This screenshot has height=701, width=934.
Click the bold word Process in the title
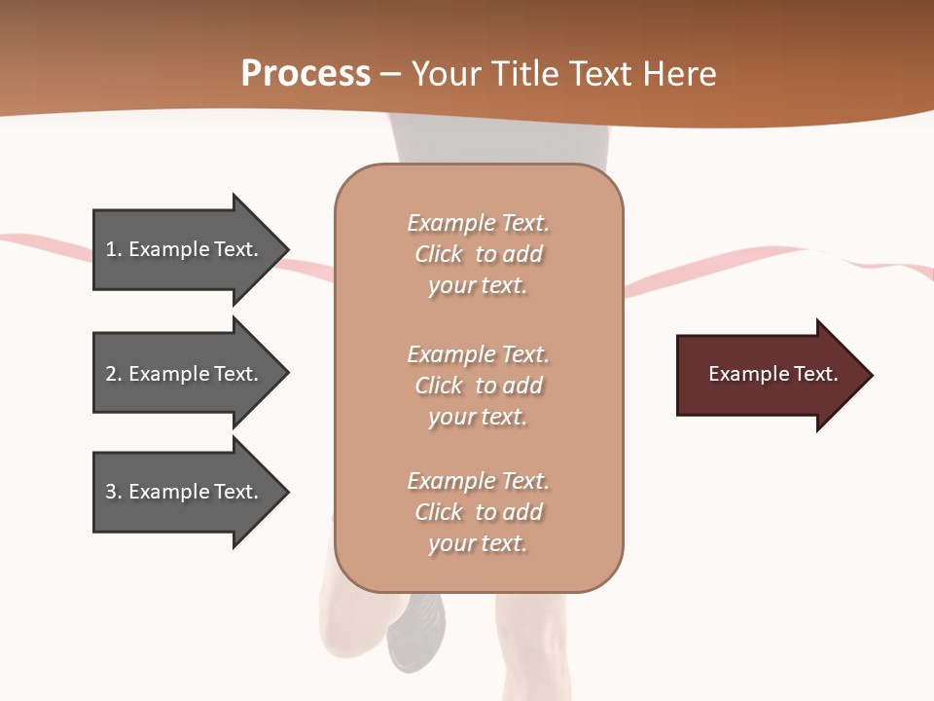(x=305, y=74)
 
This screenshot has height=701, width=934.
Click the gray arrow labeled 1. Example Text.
(x=185, y=249)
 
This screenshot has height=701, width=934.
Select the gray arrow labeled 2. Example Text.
(x=185, y=374)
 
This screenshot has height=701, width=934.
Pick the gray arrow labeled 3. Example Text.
(x=185, y=492)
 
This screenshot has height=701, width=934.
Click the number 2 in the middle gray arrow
(x=111, y=374)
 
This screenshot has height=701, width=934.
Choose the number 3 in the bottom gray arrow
(x=111, y=492)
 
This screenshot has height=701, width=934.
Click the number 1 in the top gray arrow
(x=110, y=249)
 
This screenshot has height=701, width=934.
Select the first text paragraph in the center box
(x=478, y=254)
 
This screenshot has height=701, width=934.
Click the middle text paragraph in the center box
(x=478, y=386)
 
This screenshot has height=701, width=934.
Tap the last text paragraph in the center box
(x=478, y=512)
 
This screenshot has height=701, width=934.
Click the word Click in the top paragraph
(x=438, y=254)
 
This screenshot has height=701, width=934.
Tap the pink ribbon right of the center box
(x=739, y=267)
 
